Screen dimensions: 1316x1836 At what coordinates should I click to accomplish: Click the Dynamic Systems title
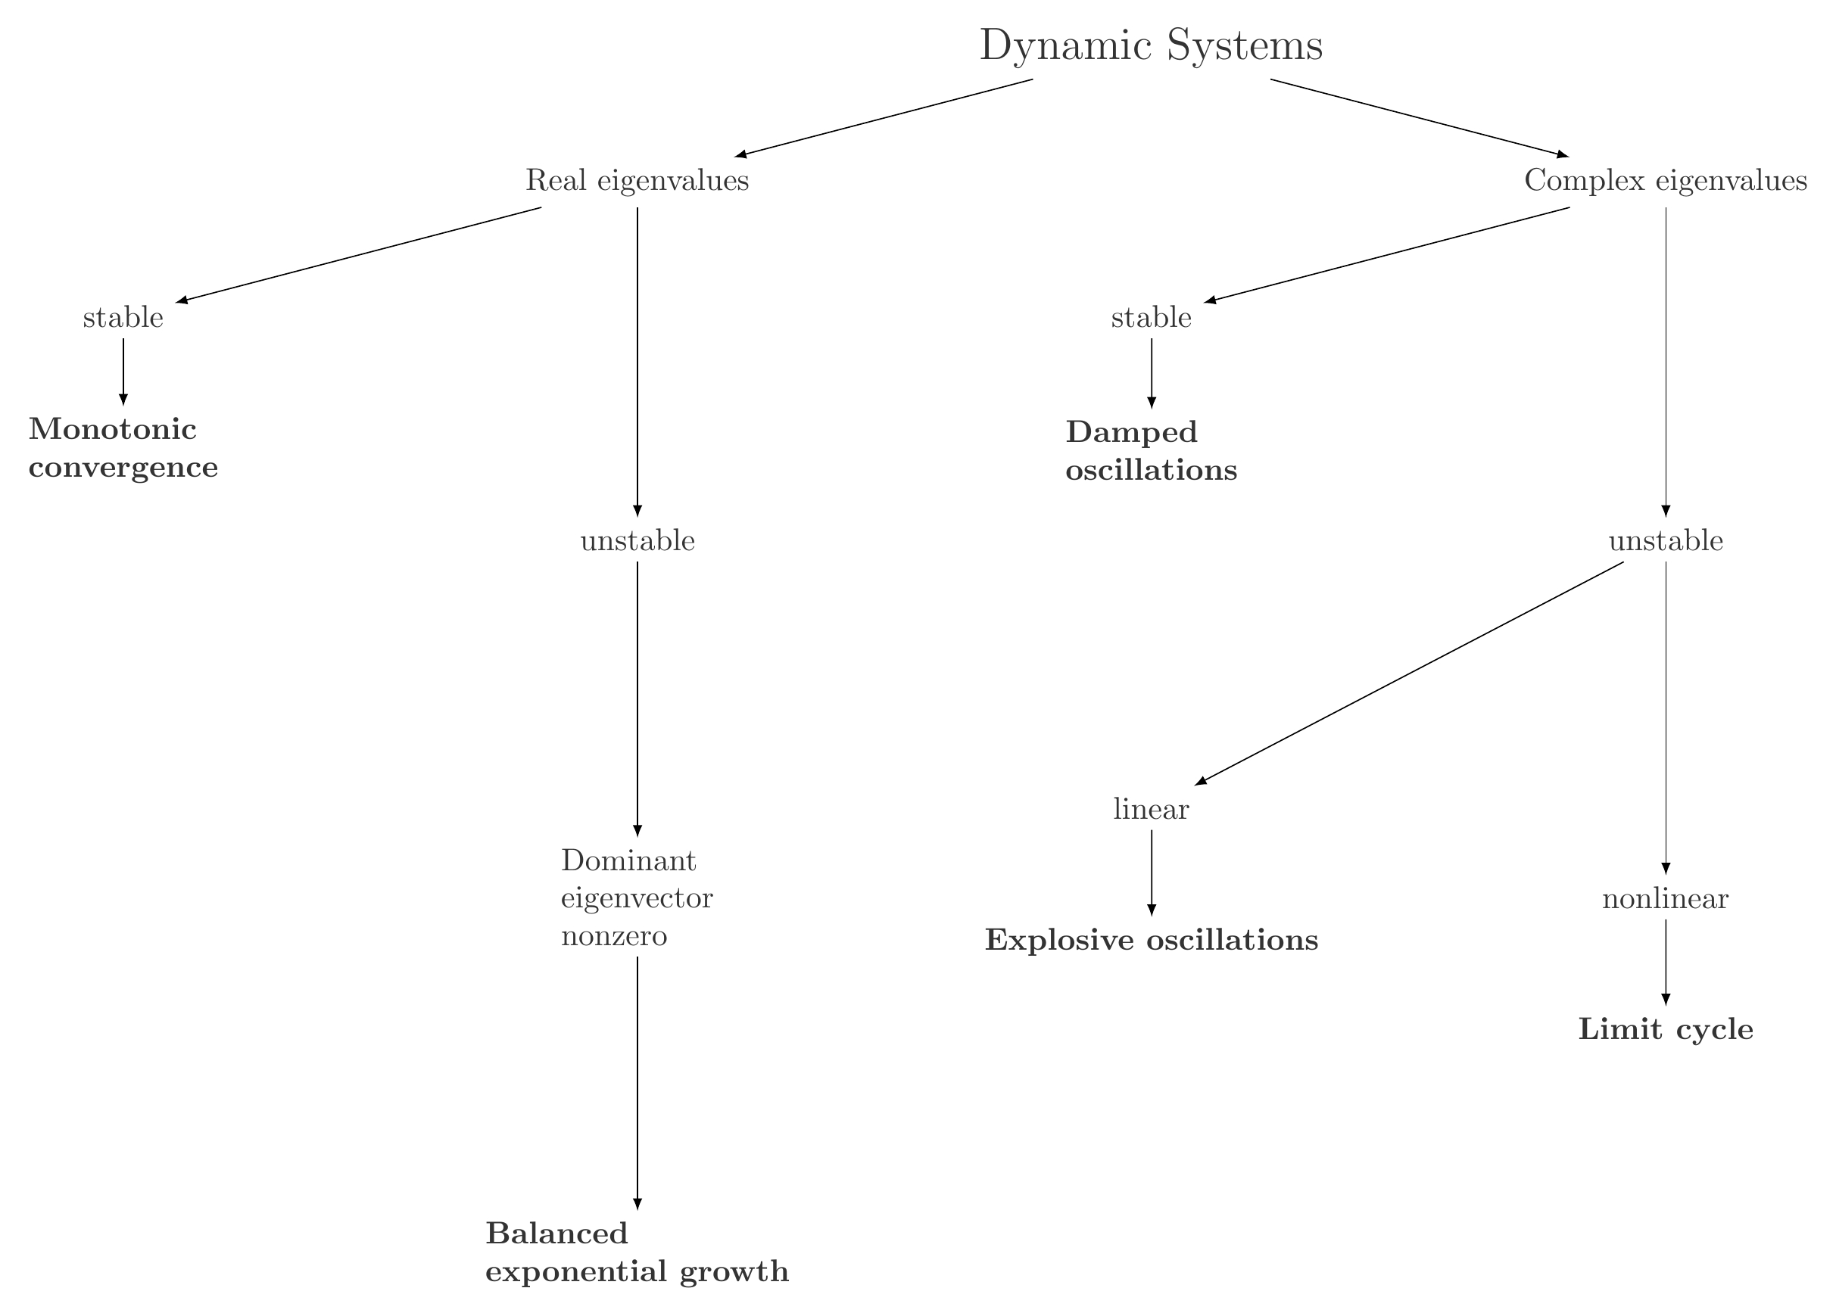click(1150, 46)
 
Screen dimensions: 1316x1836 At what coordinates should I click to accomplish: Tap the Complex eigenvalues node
click(1665, 180)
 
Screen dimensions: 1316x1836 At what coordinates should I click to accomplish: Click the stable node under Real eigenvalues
click(123, 318)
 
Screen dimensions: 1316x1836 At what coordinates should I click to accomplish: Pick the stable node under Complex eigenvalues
click(1151, 318)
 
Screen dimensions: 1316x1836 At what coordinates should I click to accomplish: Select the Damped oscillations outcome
click(1151, 451)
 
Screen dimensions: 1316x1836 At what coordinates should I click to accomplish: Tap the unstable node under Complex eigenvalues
click(1665, 540)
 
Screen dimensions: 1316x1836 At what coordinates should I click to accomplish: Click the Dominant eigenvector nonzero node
click(637, 898)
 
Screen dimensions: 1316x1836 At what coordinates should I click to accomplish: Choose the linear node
click(1151, 809)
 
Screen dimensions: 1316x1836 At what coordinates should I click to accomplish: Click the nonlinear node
click(1665, 899)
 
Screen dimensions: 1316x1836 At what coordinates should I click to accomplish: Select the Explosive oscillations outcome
click(1151, 941)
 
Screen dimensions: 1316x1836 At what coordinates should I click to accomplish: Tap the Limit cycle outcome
click(1665, 1029)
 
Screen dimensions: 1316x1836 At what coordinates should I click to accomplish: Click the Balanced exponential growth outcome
click(637, 1253)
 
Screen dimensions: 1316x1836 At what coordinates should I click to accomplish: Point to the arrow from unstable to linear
click(1408, 674)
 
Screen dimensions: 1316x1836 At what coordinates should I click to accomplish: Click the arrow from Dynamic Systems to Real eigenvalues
click(884, 117)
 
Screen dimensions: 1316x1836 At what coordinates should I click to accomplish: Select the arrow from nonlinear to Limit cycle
click(1665, 963)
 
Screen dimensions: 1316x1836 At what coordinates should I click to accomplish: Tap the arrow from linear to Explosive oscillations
click(1151, 873)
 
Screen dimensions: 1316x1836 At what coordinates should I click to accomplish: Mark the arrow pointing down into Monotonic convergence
click(123, 371)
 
